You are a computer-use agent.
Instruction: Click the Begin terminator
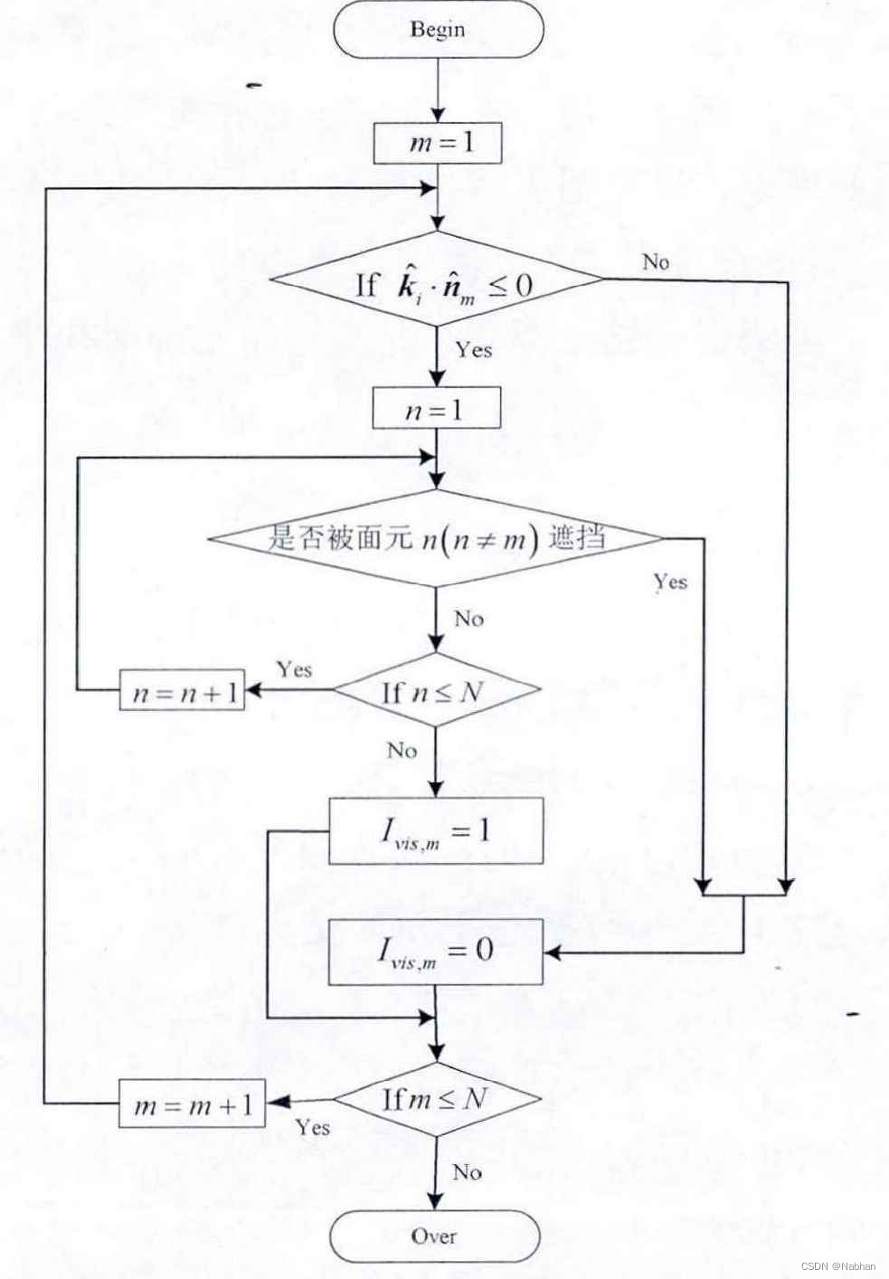[x=438, y=29]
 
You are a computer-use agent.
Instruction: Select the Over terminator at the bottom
[x=434, y=1236]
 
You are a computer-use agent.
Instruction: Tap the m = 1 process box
[x=438, y=143]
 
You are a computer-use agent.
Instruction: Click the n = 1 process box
[x=436, y=410]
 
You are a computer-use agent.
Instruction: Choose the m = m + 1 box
[x=193, y=1104]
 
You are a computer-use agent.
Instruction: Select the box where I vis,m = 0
[x=435, y=952]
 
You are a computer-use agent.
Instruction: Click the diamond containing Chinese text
[x=436, y=539]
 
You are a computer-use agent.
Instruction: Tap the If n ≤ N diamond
[x=437, y=691]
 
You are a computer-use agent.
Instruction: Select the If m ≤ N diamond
[x=437, y=1099]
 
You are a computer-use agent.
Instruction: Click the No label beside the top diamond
[x=656, y=262]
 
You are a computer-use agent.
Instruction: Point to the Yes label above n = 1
[x=474, y=349]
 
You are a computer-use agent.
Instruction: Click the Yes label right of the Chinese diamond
[x=670, y=582]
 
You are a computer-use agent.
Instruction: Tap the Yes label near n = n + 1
[x=294, y=669]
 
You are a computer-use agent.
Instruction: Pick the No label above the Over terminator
[x=467, y=1172]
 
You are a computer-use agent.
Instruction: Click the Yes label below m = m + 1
[x=312, y=1127]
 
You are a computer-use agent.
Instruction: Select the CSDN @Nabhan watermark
[x=837, y=1265]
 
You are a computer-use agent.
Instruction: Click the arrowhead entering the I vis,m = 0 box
[x=550, y=952]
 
